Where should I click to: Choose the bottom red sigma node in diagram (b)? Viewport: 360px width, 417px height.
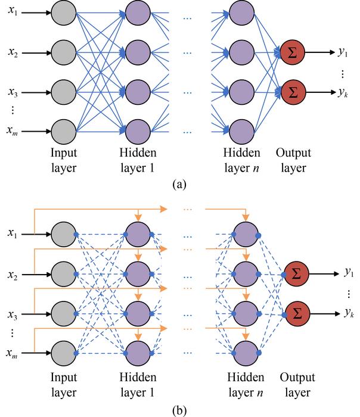[x=296, y=312]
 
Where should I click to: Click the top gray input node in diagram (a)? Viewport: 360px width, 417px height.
[x=63, y=15]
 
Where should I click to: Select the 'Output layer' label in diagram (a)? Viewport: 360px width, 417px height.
[x=293, y=161]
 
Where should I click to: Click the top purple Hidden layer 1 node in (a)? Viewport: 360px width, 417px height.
[x=138, y=15]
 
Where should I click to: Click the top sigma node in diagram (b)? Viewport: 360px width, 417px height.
[x=296, y=274]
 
